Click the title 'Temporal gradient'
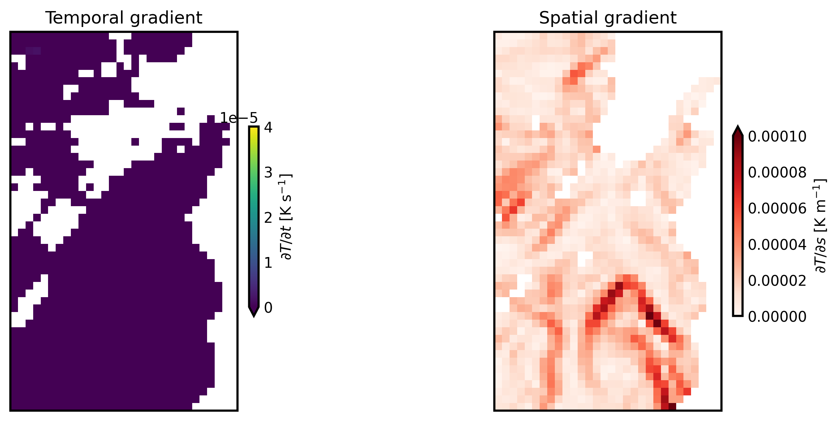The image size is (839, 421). tap(123, 18)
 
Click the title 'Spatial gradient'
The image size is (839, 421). tap(607, 18)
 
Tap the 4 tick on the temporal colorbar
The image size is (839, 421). tap(268, 128)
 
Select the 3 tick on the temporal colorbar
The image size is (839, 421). tap(268, 173)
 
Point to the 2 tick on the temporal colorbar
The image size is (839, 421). tap(268, 218)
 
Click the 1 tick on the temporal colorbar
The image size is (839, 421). tap(268, 263)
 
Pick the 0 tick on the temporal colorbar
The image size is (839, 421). tap(268, 308)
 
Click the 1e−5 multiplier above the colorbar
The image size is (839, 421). tap(239, 118)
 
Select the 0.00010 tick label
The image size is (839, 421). tap(777, 137)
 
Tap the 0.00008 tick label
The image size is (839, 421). tap(777, 173)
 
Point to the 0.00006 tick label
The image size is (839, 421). tap(777, 209)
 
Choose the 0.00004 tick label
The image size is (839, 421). tap(777, 245)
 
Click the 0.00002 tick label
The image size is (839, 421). tap(777, 281)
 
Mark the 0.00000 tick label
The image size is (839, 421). tap(777, 317)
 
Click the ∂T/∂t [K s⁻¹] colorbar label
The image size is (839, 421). tap(287, 217)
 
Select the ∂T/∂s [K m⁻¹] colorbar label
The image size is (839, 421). tap(821, 226)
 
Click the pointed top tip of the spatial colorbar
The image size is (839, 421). tap(737, 129)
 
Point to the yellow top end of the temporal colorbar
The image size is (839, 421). tap(254, 130)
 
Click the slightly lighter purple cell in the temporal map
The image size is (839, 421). tap(33, 51)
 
